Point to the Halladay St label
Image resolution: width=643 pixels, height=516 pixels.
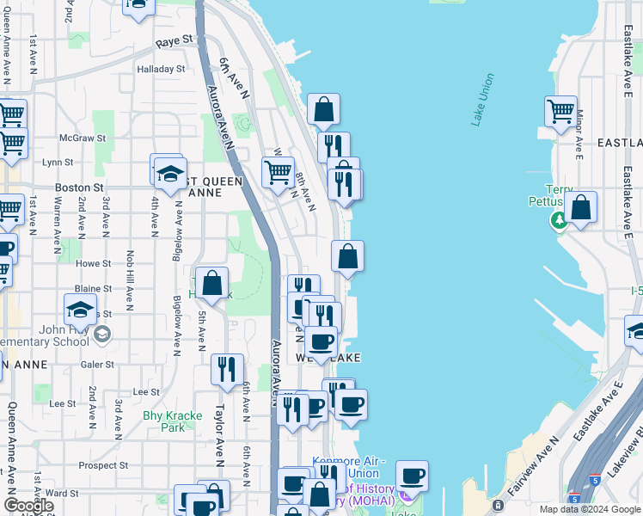pos(161,69)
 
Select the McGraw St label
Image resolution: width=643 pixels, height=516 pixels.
pos(83,138)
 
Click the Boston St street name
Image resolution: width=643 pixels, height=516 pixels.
pos(79,187)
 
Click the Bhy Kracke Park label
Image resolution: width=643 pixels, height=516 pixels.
pos(164,421)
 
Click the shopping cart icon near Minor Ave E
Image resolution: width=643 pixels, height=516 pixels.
pos(560,111)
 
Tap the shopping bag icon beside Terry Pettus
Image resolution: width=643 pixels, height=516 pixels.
pos(581,207)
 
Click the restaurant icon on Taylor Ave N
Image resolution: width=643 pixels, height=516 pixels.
pos(227,369)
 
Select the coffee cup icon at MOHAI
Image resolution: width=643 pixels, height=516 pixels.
pos(412,476)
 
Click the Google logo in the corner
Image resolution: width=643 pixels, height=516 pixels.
pos(28,506)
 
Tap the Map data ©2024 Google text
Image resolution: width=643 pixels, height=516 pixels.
pos(590,509)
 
